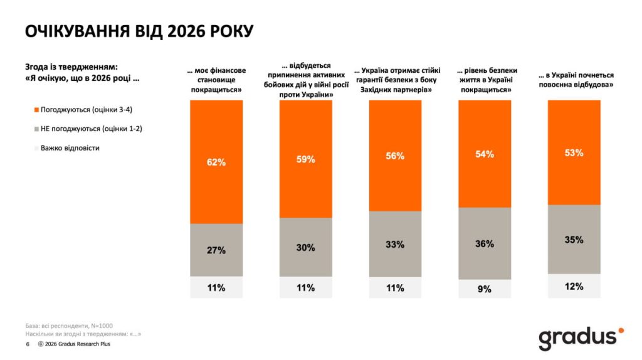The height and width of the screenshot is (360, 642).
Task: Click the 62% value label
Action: click(x=216, y=162)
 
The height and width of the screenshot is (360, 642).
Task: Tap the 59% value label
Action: click(x=306, y=159)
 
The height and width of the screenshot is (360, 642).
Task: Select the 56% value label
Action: click(x=396, y=156)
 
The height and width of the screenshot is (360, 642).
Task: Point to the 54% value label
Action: click(x=485, y=154)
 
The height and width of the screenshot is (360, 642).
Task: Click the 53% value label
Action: click(x=574, y=152)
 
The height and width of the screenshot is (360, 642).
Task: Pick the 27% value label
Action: click(x=216, y=250)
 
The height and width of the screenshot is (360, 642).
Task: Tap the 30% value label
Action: click(x=306, y=248)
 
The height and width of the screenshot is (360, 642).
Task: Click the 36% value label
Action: click(x=485, y=244)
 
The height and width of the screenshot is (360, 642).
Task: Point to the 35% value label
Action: click(x=574, y=240)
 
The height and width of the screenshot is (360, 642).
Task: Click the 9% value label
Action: click(x=485, y=289)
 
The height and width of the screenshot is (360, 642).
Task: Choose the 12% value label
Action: click(x=574, y=286)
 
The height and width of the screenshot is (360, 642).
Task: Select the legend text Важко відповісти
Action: click(x=70, y=148)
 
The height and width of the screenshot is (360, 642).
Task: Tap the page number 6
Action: click(x=27, y=344)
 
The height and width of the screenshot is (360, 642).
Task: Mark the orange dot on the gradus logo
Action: click(x=621, y=330)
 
